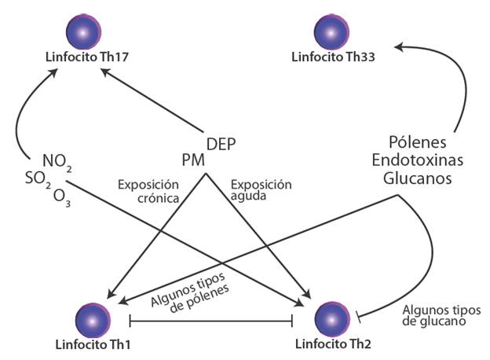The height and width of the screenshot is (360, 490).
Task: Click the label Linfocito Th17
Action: pyautogui.click(x=86, y=57)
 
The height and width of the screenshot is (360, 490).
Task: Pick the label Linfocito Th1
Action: pyautogui.click(x=84, y=343)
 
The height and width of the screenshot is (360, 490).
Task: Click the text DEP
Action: pyautogui.click(x=221, y=144)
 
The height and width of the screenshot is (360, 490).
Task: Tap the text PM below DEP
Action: pyautogui.click(x=193, y=160)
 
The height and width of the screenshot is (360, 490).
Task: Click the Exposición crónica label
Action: pyautogui.click(x=149, y=192)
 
